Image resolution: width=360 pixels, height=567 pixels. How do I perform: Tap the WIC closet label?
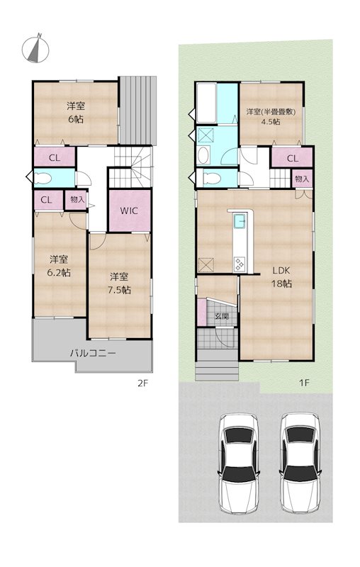[x=128, y=210]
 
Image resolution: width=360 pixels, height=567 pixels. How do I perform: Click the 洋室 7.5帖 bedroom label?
[x=119, y=283]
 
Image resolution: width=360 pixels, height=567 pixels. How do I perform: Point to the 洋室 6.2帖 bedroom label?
[x=59, y=265]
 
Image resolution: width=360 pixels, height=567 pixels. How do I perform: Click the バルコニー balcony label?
[x=92, y=352]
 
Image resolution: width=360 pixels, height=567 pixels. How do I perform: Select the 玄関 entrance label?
[x=220, y=317]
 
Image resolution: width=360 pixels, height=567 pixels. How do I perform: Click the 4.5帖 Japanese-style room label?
[x=271, y=116]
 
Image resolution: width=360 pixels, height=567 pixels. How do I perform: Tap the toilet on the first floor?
[x=208, y=177]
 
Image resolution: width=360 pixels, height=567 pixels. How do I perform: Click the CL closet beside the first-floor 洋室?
[x=292, y=159]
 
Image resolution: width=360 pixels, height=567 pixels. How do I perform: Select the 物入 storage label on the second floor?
[x=75, y=201]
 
